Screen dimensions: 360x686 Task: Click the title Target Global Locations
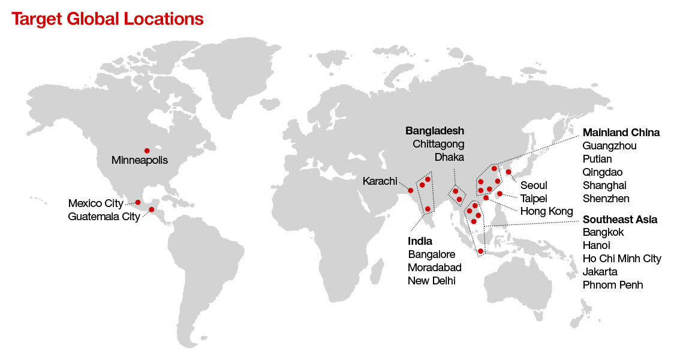(107, 19)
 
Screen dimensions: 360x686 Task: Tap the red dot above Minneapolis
(146, 151)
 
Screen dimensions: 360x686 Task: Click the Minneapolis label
(140, 161)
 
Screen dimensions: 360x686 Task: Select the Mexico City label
(96, 203)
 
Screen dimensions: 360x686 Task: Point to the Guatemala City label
(104, 217)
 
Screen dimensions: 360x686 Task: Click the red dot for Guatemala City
(152, 209)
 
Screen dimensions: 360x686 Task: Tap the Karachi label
(380, 181)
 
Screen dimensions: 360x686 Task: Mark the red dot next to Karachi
(411, 191)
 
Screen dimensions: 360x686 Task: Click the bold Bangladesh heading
(435, 131)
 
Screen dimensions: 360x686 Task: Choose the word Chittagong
(438, 144)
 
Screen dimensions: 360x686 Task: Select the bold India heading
(420, 241)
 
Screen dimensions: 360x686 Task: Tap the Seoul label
(534, 185)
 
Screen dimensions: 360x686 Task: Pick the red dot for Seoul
(509, 172)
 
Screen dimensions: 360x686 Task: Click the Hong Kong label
(546, 211)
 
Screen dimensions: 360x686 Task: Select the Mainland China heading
(621, 133)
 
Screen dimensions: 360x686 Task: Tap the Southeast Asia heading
(619, 220)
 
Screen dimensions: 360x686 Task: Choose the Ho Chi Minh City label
(621, 259)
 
